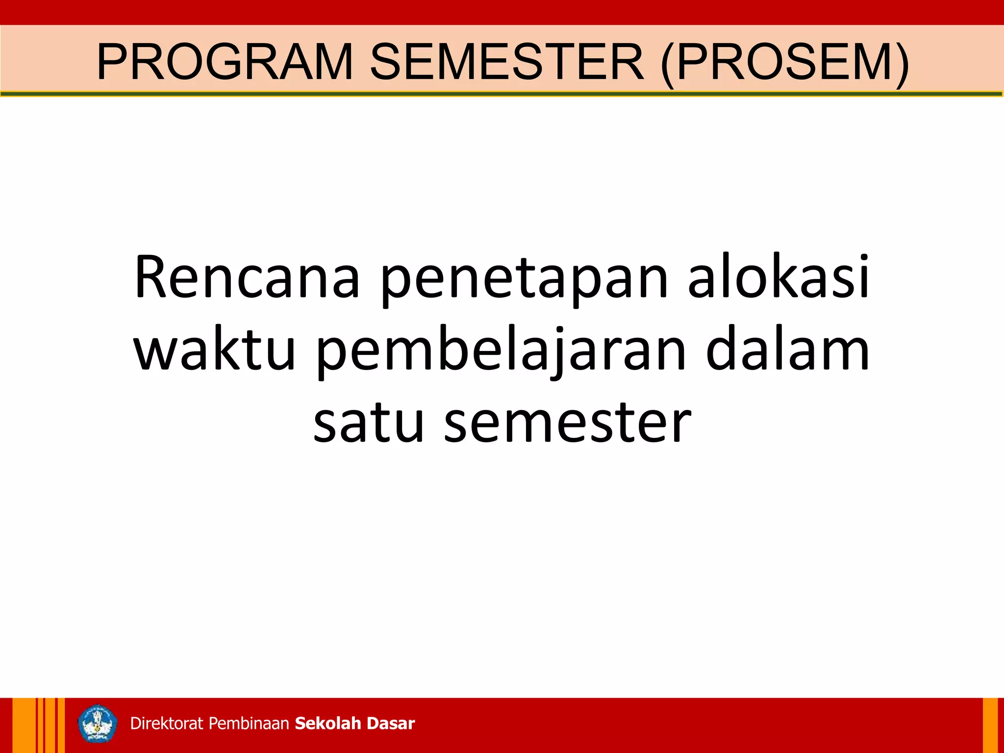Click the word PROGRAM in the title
[x=225, y=62]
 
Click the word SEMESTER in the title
[x=506, y=62]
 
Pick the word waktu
[x=215, y=350]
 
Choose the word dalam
[x=787, y=349]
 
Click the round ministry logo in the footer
[x=98, y=724]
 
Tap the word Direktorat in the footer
[x=166, y=724]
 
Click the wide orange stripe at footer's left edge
[x=23, y=726]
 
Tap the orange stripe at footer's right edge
[x=990, y=726]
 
